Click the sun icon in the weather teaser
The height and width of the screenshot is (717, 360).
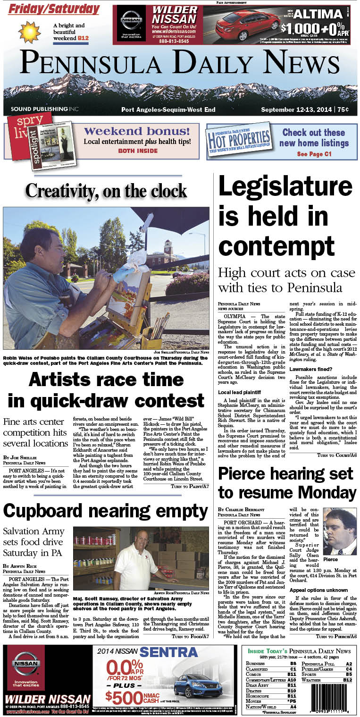click(29, 32)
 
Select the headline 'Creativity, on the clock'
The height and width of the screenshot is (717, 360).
click(106, 191)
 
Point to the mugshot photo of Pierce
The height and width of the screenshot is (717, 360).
click(340, 531)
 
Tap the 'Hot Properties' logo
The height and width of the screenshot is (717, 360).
click(240, 139)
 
